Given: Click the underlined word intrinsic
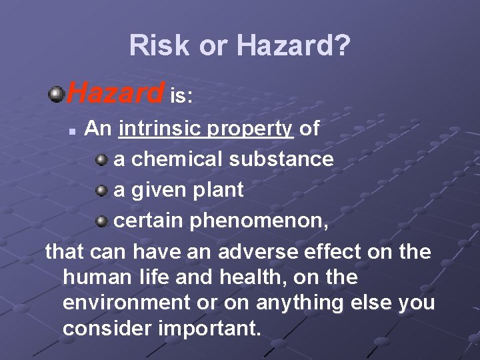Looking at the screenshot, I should pyautogui.click(x=160, y=129).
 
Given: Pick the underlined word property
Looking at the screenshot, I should pyautogui.click(x=251, y=129).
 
